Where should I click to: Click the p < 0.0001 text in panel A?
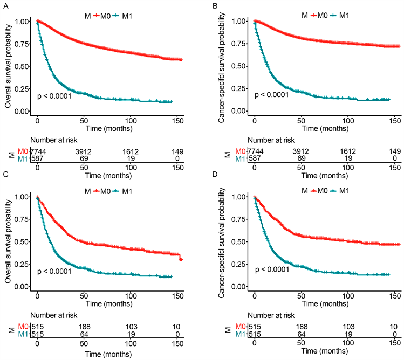[x=54, y=96]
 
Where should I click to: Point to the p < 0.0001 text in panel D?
[x=272, y=269]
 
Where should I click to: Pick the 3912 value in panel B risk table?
[x=301, y=153]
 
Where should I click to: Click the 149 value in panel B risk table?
[x=394, y=153]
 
